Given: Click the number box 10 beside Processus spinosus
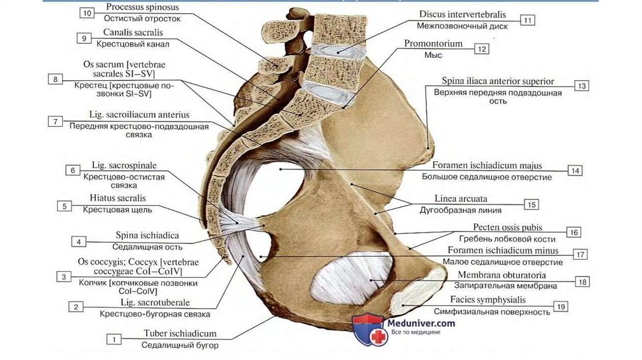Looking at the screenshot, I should (87, 13).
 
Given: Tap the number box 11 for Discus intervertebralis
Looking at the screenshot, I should (527, 20).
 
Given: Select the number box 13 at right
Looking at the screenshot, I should (581, 86).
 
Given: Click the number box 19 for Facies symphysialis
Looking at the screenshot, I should (561, 306).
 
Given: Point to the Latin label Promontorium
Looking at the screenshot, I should (433, 44).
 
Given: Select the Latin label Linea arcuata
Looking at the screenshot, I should (461, 198).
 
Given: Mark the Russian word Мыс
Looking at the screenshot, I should (432, 55).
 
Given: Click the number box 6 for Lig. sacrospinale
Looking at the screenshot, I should (73, 170).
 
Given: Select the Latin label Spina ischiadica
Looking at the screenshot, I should (147, 235).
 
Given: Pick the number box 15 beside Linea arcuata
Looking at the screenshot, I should (531, 204).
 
